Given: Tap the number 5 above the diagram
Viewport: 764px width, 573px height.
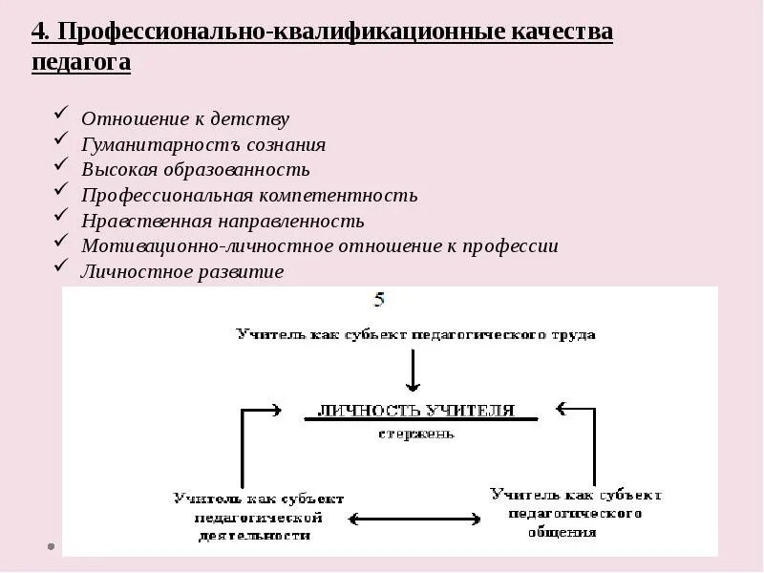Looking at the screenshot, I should click(379, 300).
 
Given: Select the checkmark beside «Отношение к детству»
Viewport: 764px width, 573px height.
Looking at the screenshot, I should click(61, 114).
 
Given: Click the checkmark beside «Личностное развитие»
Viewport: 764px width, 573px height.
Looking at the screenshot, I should click(61, 265).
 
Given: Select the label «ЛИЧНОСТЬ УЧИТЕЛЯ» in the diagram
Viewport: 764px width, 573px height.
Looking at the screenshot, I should click(415, 411).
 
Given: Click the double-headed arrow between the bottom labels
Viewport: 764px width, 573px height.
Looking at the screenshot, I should click(414, 519).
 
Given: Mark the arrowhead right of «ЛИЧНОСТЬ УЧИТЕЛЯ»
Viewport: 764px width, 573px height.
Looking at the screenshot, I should click(563, 408).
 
